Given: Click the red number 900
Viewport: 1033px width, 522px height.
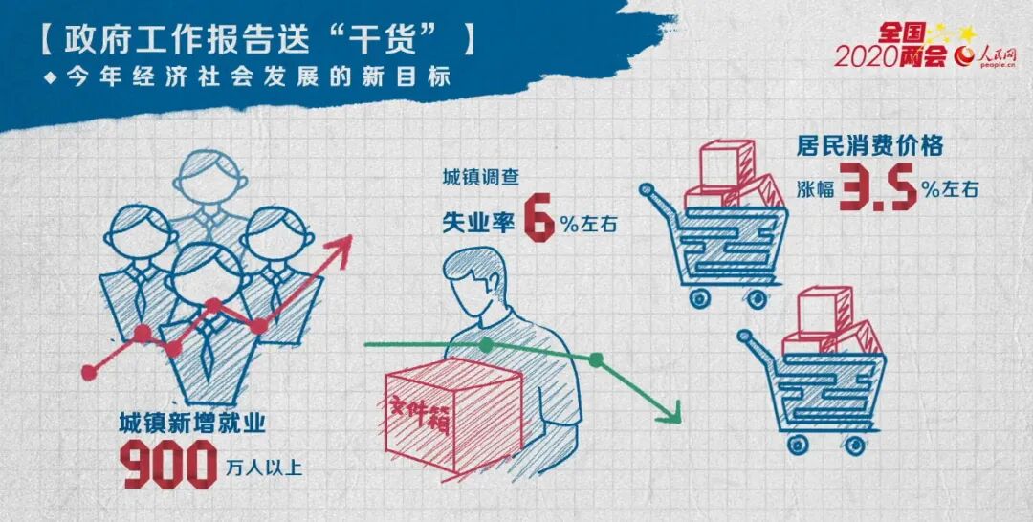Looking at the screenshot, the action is coord(170,465).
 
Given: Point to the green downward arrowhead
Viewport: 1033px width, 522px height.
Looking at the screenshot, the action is coord(669,413).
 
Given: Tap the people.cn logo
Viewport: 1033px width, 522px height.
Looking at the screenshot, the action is coord(986,57).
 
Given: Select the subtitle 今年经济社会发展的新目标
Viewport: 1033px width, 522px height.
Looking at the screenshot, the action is coord(259,77).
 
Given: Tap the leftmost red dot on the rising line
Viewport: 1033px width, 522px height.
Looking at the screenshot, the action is coord(89,373).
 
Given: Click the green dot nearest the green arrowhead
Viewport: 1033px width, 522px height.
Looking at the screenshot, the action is coord(596,360).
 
